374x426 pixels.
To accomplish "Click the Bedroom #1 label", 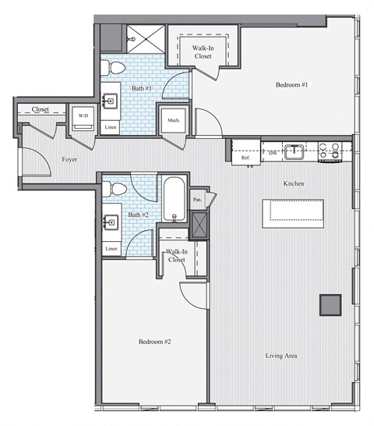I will (x=291, y=84).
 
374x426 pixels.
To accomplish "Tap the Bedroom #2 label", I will (x=154, y=342).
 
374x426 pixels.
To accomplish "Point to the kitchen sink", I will (x=293, y=151).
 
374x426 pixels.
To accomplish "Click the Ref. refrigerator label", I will (x=245, y=158).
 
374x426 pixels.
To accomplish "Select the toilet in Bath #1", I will (x=115, y=66).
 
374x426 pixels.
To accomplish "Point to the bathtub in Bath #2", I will (x=173, y=200).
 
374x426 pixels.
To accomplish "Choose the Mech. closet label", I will (x=173, y=121).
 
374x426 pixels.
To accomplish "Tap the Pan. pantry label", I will (x=198, y=199).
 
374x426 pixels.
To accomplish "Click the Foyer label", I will (x=68, y=159).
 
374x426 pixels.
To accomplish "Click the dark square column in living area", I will (x=330, y=304).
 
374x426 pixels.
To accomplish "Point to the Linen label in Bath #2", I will (x=111, y=249).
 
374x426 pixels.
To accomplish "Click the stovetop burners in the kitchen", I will (x=329, y=149).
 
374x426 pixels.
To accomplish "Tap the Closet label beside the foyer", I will (x=40, y=110).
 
